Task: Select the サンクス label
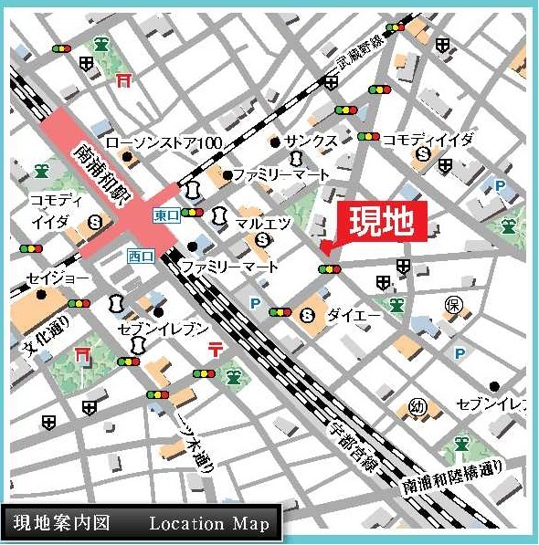click(311, 141)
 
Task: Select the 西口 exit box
click(139, 256)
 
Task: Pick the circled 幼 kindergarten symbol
click(419, 406)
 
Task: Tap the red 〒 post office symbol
click(217, 348)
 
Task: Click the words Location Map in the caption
click(209, 523)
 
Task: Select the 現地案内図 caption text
click(61, 523)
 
